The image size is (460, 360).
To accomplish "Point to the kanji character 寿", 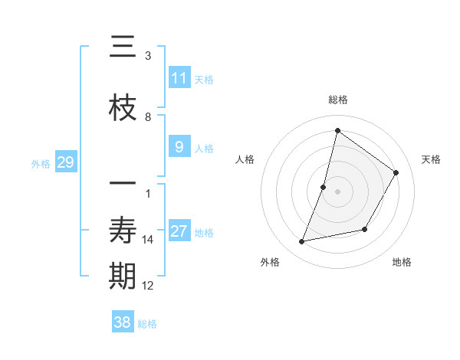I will [123, 230].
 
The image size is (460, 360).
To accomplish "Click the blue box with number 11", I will [179, 78].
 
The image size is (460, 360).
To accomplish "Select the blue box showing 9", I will [179, 147].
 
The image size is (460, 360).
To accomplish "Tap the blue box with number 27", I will [179, 231].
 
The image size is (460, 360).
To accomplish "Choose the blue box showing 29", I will [65, 162].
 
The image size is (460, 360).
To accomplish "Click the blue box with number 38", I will [123, 322].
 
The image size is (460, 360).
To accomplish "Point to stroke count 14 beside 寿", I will [148, 240].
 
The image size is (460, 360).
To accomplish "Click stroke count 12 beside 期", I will [148, 286].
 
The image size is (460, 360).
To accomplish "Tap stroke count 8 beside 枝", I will [148, 117].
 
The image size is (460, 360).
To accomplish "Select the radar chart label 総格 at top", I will [338, 100].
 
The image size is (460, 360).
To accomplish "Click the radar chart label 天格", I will [431, 159].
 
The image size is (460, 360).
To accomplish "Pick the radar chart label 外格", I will [270, 262].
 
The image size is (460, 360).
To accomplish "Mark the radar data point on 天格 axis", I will [396, 172].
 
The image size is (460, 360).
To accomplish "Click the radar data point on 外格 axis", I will [302, 242].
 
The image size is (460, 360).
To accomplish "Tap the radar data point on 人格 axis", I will [324, 187].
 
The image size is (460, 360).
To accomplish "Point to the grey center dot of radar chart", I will [338, 191].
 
